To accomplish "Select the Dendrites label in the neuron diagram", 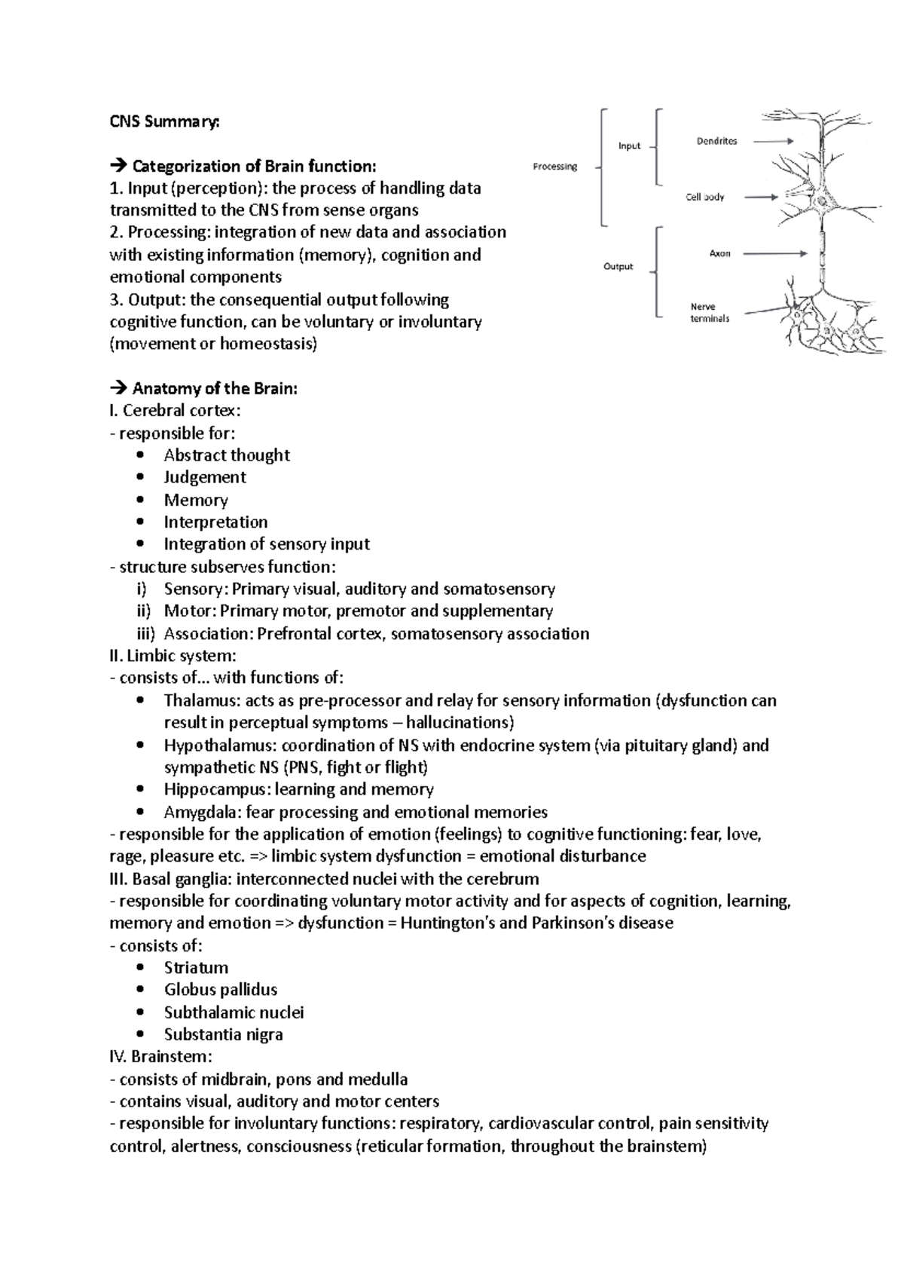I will click(x=716, y=141).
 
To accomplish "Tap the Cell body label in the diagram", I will click(x=704, y=197).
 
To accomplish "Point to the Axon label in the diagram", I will click(x=719, y=254).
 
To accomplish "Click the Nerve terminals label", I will click(x=709, y=312).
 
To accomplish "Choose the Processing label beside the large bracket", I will click(x=554, y=167).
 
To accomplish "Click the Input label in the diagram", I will click(x=629, y=146).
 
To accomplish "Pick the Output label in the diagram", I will click(x=618, y=266).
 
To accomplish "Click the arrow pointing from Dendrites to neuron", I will click(x=773, y=141).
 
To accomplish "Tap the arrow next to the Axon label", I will click(x=775, y=254).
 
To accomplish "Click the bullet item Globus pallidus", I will click(x=221, y=990).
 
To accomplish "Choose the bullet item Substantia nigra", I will click(x=224, y=1034).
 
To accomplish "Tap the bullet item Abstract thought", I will click(x=227, y=455).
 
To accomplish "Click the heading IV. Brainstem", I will click(x=160, y=1057).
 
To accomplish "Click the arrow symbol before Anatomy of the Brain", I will click(x=118, y=389).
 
